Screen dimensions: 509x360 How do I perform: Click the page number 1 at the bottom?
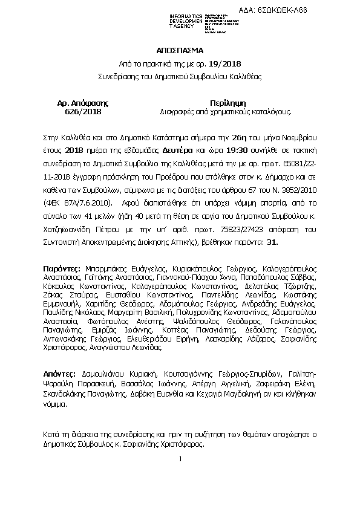point(180,459)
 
